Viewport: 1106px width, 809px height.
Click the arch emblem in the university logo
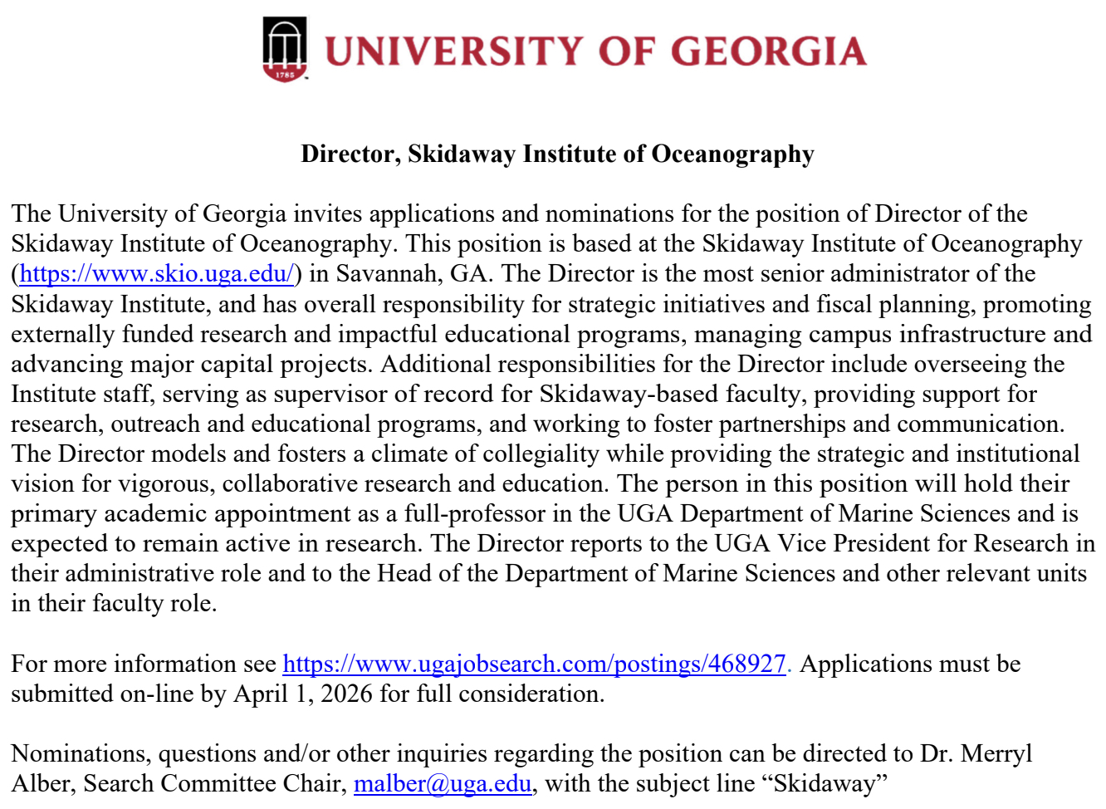(x=285, y=49)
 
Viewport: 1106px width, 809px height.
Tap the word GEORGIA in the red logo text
(x=768, y=51)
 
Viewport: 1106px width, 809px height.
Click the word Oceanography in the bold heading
(x=732, y=154)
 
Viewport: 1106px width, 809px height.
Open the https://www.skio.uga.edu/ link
(x=156, y=274)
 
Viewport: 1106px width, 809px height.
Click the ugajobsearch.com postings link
(x=534, y=664)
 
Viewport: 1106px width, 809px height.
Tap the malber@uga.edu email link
(x=442, y=784)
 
